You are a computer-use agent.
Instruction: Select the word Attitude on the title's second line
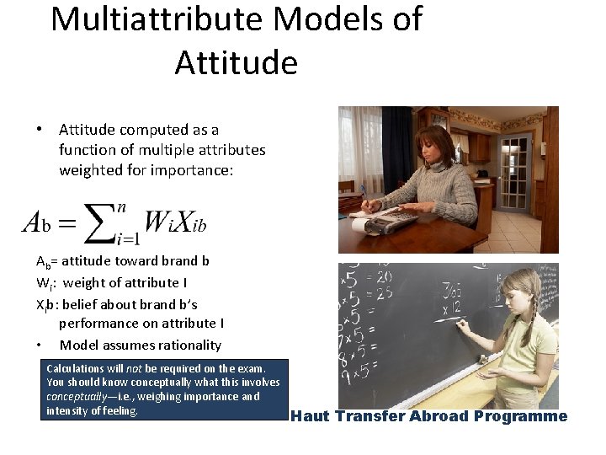click(236, 62)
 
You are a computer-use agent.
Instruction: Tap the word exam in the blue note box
click(249, 369)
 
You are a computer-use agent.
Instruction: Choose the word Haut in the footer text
click(311, 416)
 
